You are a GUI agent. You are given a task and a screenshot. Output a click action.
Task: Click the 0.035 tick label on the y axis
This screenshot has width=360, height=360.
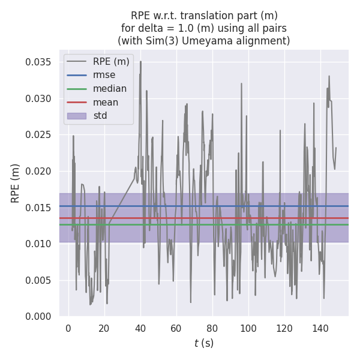(38, 62)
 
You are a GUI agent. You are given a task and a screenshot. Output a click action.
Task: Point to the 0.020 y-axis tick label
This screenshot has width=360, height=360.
(38, 171)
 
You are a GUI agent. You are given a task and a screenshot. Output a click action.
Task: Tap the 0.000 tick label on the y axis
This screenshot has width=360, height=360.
(38, 316)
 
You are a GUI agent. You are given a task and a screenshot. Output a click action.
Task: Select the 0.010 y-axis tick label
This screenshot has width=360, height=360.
(38, 244)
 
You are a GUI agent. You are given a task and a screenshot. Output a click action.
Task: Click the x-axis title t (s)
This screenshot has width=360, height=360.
(203, 343)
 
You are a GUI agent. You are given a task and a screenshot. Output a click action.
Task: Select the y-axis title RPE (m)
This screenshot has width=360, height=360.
(16, 183)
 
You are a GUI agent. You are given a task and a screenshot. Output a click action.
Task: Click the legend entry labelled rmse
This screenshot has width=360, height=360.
(104, 75)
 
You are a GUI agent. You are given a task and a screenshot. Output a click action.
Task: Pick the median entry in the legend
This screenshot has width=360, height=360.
(110, 89)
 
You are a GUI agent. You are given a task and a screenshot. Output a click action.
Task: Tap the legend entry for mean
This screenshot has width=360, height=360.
(106, 102)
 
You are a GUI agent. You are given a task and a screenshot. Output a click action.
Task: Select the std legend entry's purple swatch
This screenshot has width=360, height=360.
(77, 115)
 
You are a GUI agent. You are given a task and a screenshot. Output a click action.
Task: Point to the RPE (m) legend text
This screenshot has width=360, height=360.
(111, 61)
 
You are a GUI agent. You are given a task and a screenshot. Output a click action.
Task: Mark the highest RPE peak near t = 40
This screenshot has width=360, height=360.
(141, 62)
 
